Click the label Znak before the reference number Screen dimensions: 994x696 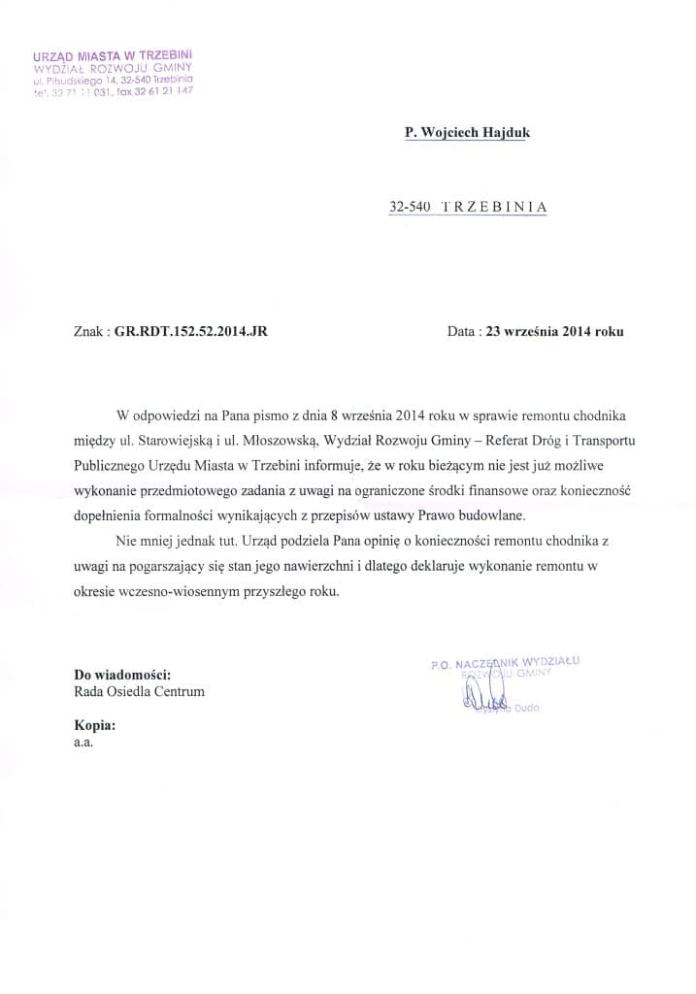(x=89, y=331)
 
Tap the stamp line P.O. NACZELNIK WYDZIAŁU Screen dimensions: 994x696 (x=509, y=662)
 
